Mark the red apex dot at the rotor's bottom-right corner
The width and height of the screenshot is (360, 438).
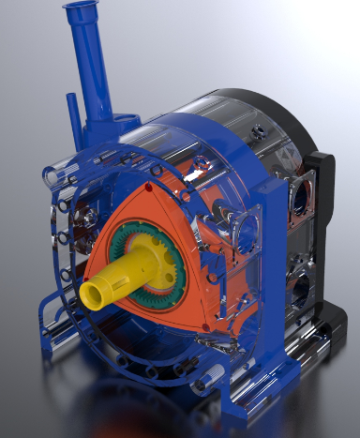(205, 326)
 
